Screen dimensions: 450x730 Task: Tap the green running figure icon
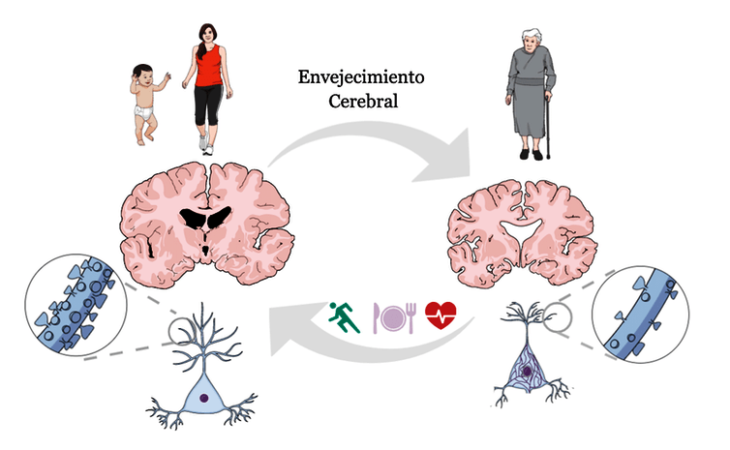click(346, 316)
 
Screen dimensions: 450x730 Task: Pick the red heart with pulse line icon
click(441, 316)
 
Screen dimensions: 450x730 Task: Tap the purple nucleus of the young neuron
click(204, 396)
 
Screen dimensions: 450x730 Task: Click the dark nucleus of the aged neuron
click(526, 369)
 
